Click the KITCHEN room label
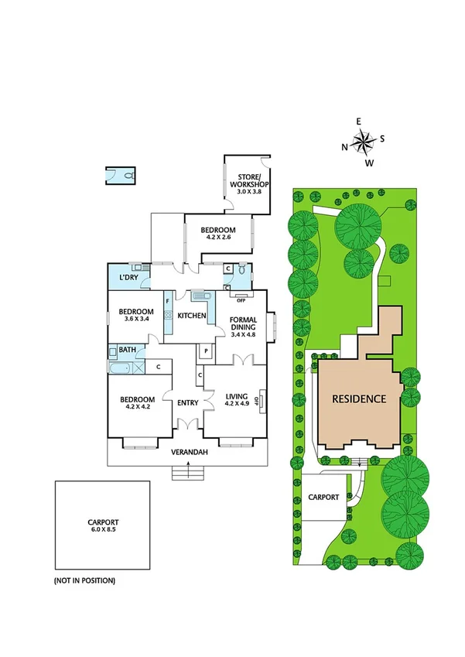click(x=192, y=315)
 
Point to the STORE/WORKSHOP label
click(x=248, y=185)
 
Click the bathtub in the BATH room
click(x=121, y=368)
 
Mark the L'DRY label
click(x=128, y=277)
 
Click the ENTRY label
click(x=188, y=402)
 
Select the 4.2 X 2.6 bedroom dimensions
click(x=218, y=238)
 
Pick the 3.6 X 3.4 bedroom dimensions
click(x=133, y=317)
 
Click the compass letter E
click(x=358, y=121)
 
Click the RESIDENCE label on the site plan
click(x=358, y=399)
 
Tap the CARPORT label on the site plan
click(x=323, y=497)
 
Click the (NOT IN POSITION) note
click(x=84, y=580)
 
